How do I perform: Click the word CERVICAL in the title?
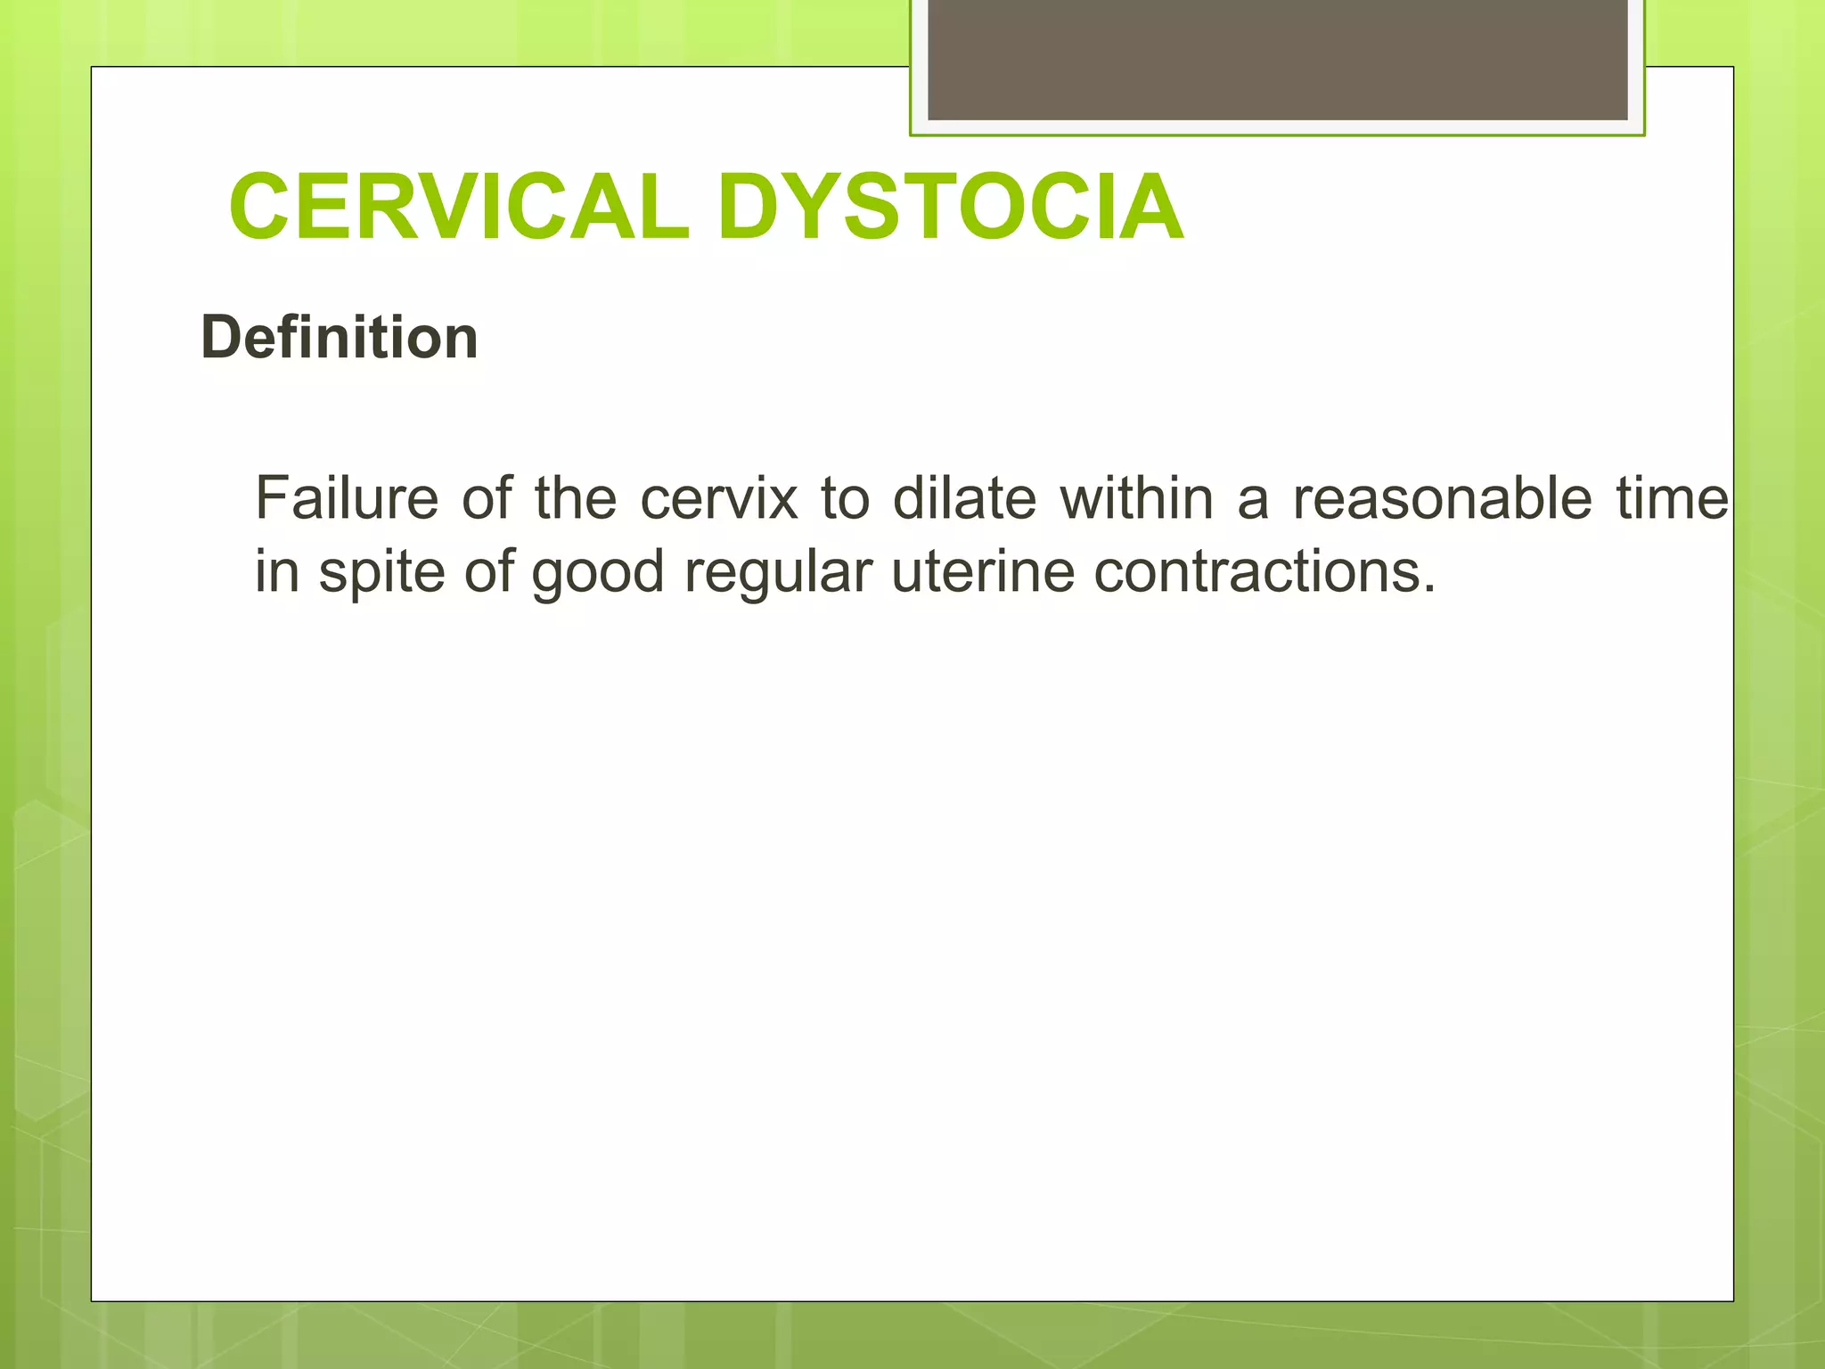coord(459,208)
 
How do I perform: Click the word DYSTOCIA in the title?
coord(950,208)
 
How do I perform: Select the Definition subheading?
coord(340,338)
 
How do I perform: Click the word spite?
coord(381,572)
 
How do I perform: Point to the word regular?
coord(778,572)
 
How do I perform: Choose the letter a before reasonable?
coord(1252,499)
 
